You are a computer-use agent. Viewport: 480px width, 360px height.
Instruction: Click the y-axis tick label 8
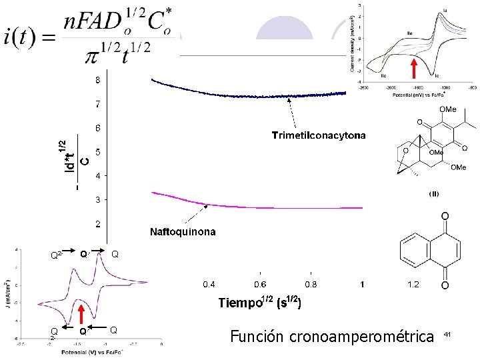click(98, 80)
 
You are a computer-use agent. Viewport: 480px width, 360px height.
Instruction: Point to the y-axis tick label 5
click(98, 152)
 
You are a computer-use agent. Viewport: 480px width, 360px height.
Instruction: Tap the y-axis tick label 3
click(98, 199)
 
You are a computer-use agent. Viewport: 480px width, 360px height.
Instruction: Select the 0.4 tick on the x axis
click(209, 285)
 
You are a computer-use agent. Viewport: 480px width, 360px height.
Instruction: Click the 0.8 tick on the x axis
click(311, 285)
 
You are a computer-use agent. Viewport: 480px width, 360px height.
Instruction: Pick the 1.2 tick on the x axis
click(413, 285)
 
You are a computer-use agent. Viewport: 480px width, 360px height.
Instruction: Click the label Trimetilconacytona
click(319, 136)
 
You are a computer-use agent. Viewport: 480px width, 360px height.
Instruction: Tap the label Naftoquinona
click(183, 233)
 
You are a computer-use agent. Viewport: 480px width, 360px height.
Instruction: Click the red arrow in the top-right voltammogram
click(413, 68)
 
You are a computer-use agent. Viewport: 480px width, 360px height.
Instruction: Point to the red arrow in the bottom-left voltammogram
click(81, 315)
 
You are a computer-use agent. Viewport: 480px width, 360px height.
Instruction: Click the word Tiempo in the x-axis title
click(239, 303)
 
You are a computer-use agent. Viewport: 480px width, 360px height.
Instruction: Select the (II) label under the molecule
click(433, 194)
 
